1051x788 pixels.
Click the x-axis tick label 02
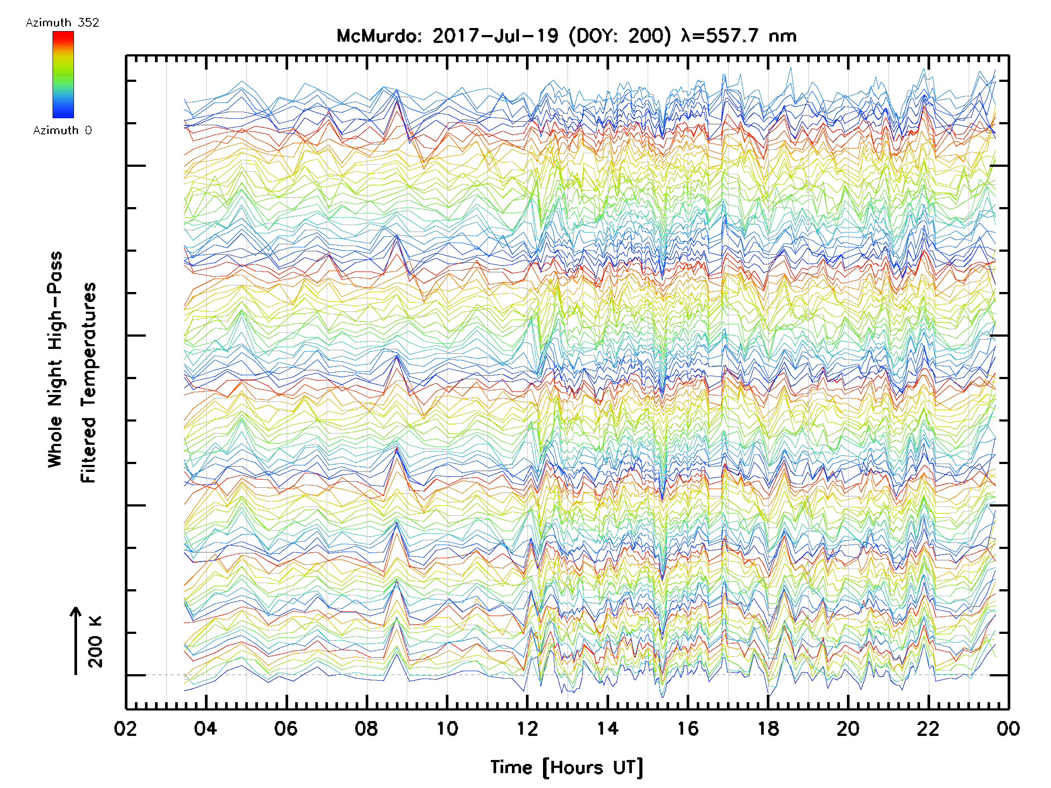pyautogui.click(x=125, y=728)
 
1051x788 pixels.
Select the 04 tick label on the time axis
pyautogui.click(x=206, y=728)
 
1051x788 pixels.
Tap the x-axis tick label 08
pyautogui.click(x=367, y=728)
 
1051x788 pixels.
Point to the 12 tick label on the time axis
pyautogui.click(x=527, y=728)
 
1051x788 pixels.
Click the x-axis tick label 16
pyautogui.click(x=688, y=728)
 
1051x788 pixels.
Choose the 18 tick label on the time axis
pyautogui.click(x=768, y=728)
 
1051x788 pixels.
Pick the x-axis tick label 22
pyautogui.click(x=928, y=728)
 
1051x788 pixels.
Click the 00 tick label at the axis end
pyautogui.click(x=1008, y=728)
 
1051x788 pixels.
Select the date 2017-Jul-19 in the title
pyautogui.click(x=495, y=36)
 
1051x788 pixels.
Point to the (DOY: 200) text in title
pyautogui.click(x=621, y=36)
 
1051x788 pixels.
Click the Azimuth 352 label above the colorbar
pyautogui.click(x=62, y=23)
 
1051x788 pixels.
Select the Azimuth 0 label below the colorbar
pyautogui.click(x=62, y=130)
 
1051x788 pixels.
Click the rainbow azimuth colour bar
pyautogui.click(x=63, y=74)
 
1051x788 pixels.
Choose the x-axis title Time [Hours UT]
pyautogui.click(x=567, y=767)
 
